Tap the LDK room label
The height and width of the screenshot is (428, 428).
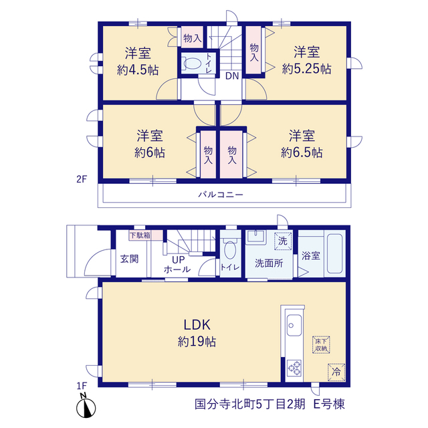pos(197,325)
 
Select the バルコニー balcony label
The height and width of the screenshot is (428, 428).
pos(221,195)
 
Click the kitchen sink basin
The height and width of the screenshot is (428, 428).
pos(294,325)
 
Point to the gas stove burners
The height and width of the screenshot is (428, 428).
pos(294,368)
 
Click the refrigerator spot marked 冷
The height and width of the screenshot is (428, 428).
pos(336,372)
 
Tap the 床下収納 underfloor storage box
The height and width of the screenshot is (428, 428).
pos(321,345)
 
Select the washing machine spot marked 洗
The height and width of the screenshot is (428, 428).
pos(283,241)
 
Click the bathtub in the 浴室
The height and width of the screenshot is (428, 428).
pos(334,253)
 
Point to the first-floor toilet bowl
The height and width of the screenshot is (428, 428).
pos(230,249)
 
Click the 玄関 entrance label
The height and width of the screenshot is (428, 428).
pos(129,259)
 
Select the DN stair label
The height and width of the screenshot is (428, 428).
pos(232,76)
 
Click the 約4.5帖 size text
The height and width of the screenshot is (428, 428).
pos(138,70)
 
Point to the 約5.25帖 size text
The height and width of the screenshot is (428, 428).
pos(306,69)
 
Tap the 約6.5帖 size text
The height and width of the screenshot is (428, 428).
pos(302,152)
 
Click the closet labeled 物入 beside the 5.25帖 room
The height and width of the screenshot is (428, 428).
pos(254,49)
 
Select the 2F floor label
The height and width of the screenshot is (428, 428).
pos(82,179)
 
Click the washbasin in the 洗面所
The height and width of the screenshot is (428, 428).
pos(255,237)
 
